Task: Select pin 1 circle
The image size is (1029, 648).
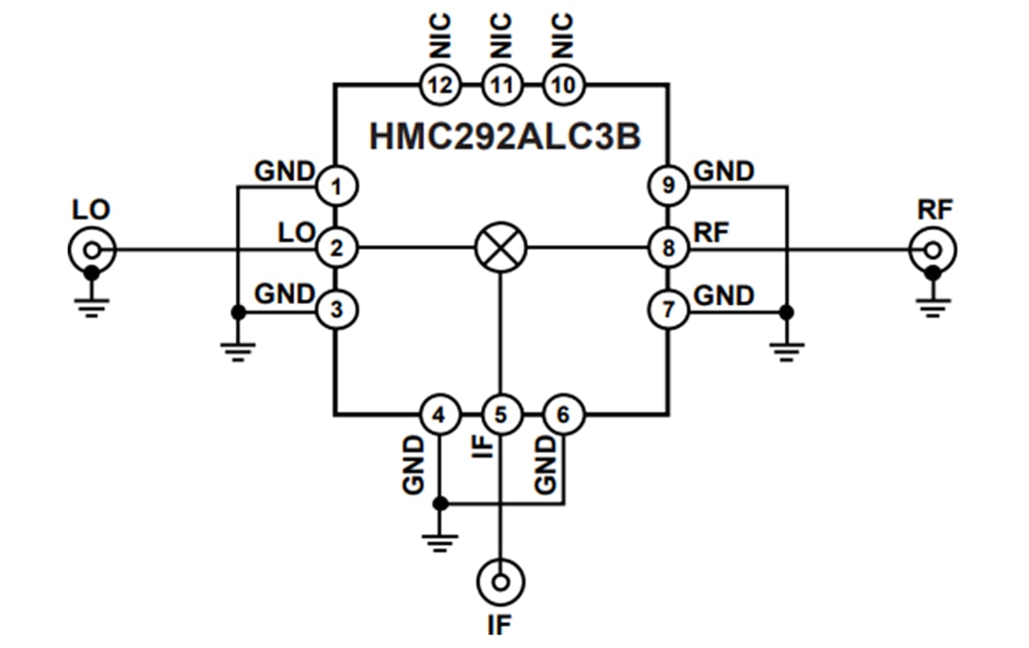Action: pos(334,186)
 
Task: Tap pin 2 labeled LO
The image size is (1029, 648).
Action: pos(334,250)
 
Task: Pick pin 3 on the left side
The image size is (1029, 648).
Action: pos(334,309)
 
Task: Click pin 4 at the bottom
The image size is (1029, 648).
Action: pos(439,415)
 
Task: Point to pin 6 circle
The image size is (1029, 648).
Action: pos(563,415)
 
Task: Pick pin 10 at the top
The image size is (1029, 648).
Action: pos(563,85)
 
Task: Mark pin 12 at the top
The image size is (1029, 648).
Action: pos(439,85)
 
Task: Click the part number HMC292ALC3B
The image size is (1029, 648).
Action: pos(504,136)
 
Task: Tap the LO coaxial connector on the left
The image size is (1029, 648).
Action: pos(91,251)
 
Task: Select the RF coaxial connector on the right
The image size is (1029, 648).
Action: pos(934,251)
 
